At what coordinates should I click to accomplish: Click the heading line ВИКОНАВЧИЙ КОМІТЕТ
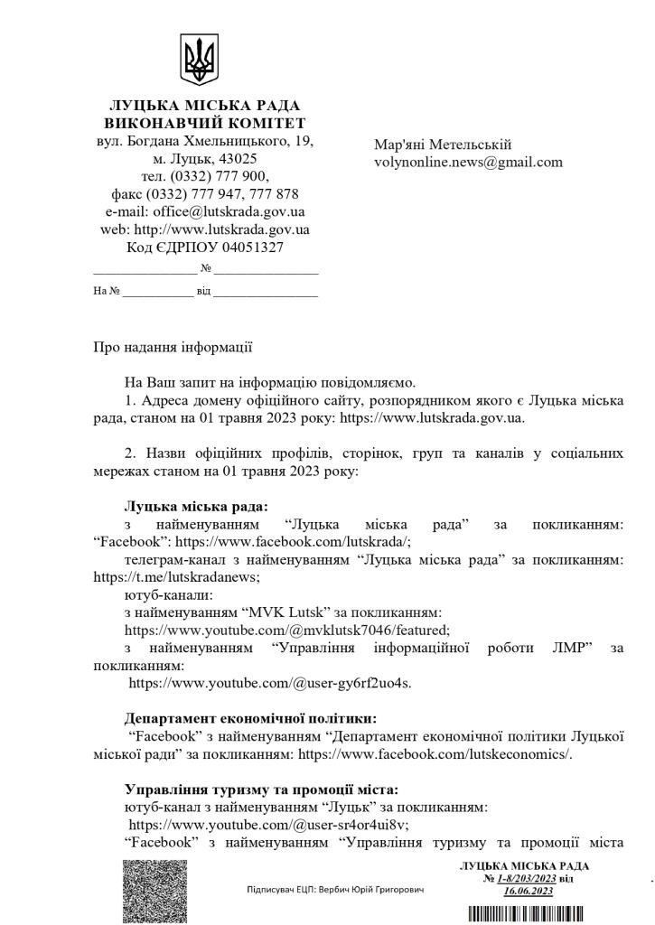click(x=204, y=123)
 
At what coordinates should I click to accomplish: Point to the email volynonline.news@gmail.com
click(x=468, y=163)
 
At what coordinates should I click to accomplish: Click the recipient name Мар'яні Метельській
click(x=443, y=145)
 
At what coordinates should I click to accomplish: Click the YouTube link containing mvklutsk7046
click(x=286, y=630)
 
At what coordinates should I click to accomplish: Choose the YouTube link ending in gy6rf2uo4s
click(x=270, y=683)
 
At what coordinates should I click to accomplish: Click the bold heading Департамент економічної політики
click(x=250, y=719)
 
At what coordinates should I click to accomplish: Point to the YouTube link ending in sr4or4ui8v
click(x=269, y=824)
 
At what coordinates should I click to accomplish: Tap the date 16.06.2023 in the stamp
click(x=529, y=891)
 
